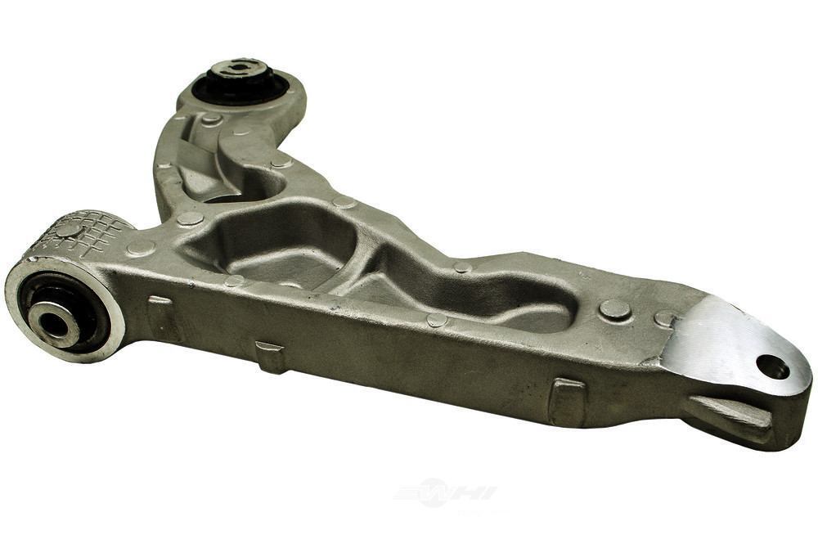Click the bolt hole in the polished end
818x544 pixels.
pyautogui.click(x=772, y=366)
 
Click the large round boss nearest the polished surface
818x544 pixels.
pyautogui.click(x=614, y=309)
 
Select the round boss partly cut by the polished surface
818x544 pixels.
pyautogui.click(x=664, y=318)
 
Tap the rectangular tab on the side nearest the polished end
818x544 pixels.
pyautogui.click(x=567, y=401)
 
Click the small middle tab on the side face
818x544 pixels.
pyautogui.click(x=269, y=356)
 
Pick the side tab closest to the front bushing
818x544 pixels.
pyautogui.click(x=162, y=317)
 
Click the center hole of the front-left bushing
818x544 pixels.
pyautogui.click(x=54, y=320)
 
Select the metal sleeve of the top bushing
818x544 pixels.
pyautogui.click(x=240, y=69)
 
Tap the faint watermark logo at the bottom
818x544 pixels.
pyautogui.click(x=446, y=492)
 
